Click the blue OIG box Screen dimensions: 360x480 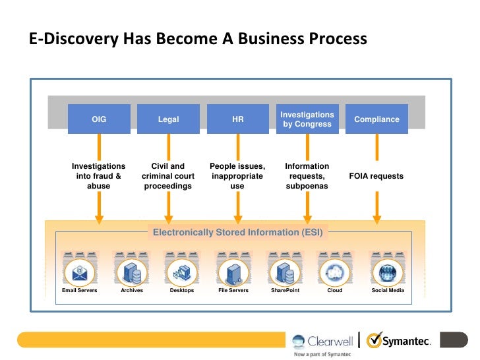point(99,119)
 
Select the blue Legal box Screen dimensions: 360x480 point(168,119)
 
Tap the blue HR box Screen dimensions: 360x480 point(237,119)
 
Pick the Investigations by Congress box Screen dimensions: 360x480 point(307,119)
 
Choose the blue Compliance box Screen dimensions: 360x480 point(376,119)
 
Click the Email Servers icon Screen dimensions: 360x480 point(80,271)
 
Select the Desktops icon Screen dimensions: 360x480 point(182,271)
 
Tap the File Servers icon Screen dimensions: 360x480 point(233,271)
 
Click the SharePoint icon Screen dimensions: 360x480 point(285,271)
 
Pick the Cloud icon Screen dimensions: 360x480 point(334,271)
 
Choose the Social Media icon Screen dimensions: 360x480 point(387,271)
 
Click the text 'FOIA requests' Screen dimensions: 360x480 point(376,176)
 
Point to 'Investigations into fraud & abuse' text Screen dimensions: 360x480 point(99,176)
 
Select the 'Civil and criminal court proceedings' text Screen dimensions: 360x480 point(168,176)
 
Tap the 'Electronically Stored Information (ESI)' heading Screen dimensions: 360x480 point(237,232)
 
